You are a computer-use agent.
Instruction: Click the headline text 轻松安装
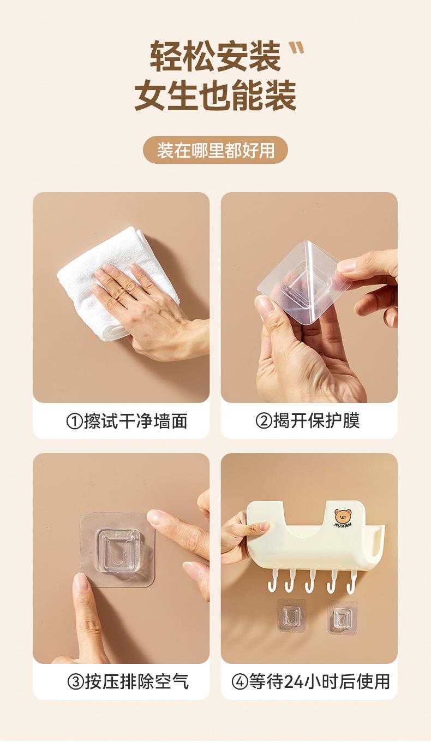(x=215, y=56)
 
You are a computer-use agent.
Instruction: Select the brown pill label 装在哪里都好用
(x=215, y=150)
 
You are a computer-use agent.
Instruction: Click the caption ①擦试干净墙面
(x=127, y=421)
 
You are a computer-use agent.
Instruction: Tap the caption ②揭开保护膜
(x=308, y=420)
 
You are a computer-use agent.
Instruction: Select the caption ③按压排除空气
(x=128, y=682)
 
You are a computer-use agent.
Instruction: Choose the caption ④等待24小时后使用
(x=310, y=682)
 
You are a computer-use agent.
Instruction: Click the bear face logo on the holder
(x=343, y=517)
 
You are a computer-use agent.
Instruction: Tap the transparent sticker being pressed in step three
(x=117, y=550)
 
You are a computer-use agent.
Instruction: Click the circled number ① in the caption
(x=74, y=421)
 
